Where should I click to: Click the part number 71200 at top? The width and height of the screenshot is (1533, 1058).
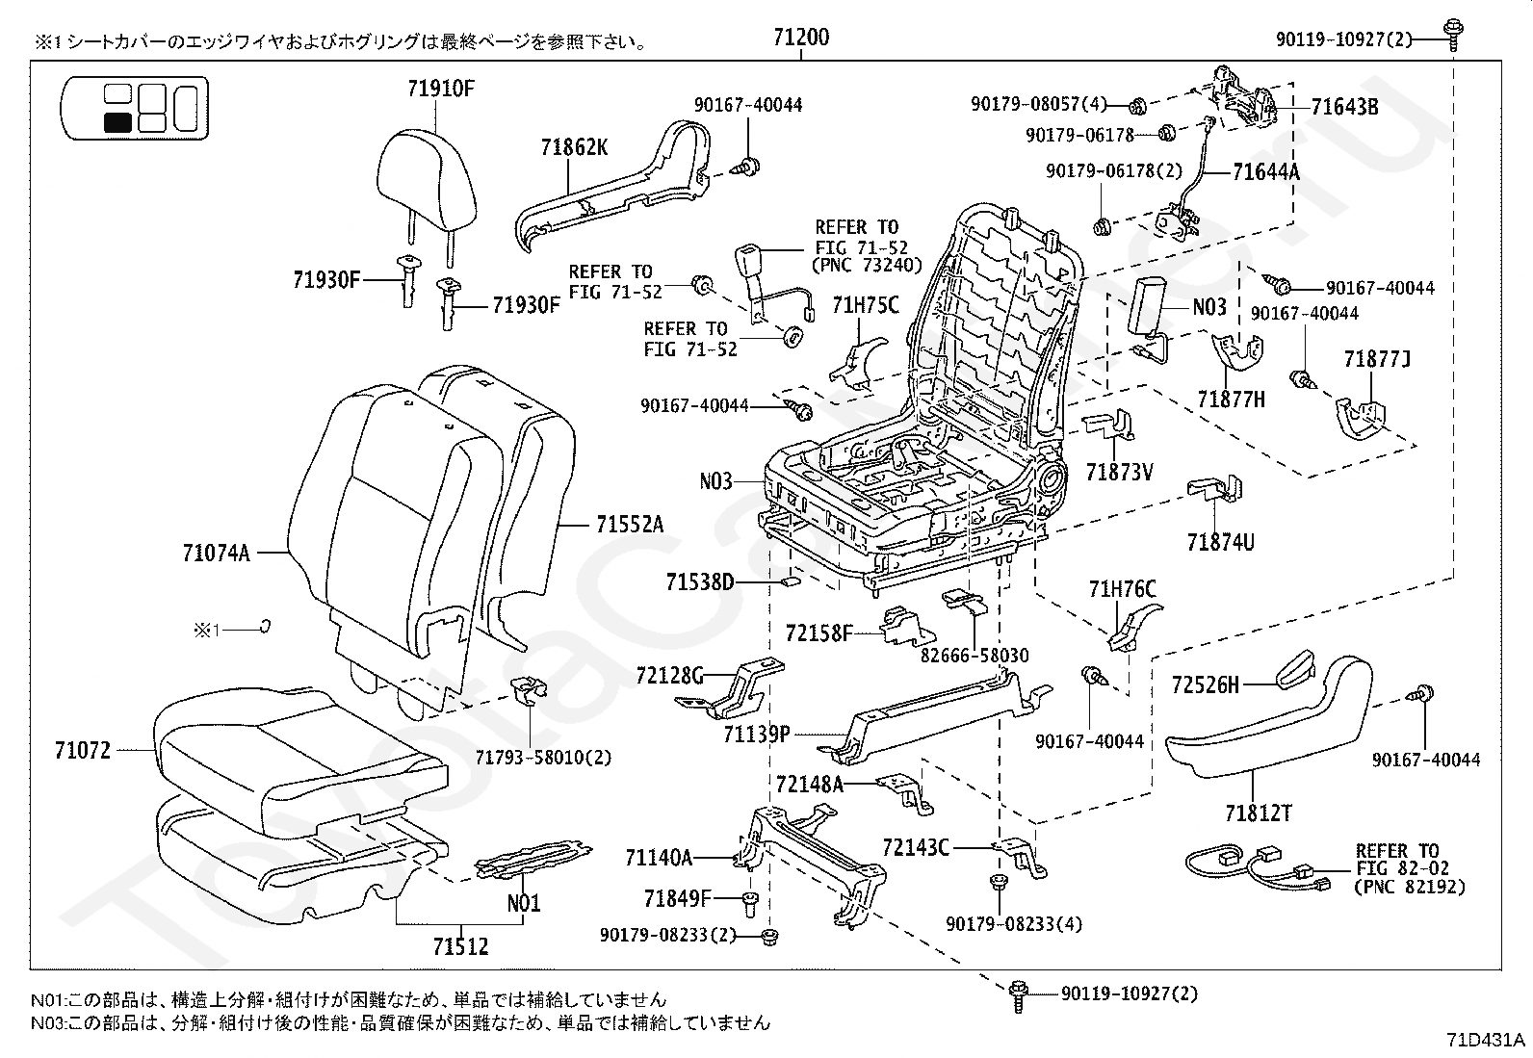800,39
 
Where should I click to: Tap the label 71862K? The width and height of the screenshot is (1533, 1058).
573,147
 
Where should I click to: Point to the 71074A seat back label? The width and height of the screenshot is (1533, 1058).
216,553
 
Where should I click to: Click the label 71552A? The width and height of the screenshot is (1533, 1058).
629,525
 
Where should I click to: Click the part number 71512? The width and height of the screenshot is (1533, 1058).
459,946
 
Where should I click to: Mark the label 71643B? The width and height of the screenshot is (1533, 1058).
1344,107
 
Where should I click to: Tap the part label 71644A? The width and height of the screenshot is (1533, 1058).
1265,172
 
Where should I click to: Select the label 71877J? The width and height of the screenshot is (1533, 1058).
1376,360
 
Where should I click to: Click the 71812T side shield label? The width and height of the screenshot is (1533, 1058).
1258,813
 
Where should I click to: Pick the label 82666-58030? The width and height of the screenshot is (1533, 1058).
974,656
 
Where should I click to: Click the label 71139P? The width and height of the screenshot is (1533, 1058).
757,735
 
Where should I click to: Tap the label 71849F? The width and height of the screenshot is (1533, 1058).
677,899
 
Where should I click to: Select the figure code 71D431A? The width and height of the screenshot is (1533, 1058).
1485,1041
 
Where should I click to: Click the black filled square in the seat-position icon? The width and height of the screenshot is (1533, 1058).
117,121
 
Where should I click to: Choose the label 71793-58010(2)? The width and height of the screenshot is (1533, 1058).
542,757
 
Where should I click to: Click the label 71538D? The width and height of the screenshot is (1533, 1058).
700,582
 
